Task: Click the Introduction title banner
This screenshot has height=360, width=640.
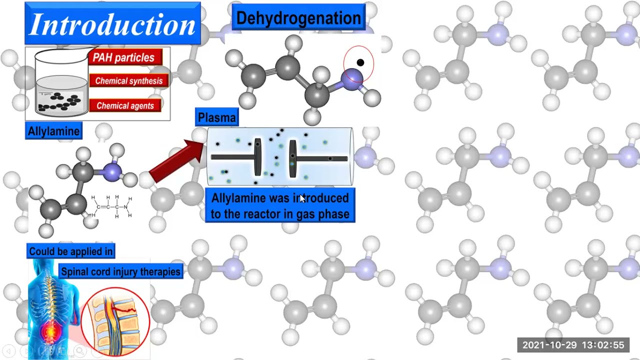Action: [x=112, y=23]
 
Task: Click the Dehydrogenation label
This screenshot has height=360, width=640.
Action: [x=298, y=17]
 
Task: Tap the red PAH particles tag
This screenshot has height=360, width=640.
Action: [x=125, y=57]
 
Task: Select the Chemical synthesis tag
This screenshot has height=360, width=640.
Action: [x=129, y=80]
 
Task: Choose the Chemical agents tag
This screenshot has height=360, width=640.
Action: [x=125, y=105]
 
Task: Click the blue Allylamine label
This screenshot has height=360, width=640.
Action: [x=53, y=131]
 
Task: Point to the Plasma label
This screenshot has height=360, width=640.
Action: [x=217, y=117]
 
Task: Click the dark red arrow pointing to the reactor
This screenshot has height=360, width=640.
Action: [x=176, y=161]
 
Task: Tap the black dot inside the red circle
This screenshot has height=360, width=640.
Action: [x=360, y=62]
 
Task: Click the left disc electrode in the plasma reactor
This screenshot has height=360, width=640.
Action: [x=257, y=157]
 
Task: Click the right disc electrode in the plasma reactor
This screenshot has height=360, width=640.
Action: [x=292, y=158]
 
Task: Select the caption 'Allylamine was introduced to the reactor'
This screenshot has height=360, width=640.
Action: [x=280, y=205]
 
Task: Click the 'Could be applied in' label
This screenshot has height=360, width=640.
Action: [x=71, y=251]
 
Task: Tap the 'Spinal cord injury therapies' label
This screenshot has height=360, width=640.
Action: [x=121, y=271]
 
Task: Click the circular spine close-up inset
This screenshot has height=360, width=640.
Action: [x=115, y=321]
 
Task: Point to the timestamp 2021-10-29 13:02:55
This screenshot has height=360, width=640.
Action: [x=573, y=345]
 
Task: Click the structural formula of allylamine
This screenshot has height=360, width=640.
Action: [x=111, y=206]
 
